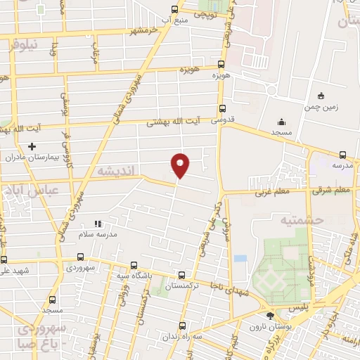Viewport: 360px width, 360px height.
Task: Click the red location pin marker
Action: pyautogui.click(x=181, y=165)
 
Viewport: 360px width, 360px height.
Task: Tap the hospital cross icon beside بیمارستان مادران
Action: pyautogui.click(x=31, y=146)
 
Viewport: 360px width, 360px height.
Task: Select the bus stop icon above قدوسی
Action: pyautogui.click(x=222, y=108)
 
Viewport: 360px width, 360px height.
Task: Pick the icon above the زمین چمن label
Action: pyautogui.click(x=321, y=96)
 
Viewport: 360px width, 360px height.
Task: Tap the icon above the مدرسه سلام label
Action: pyautogui.click(x=98, y=224)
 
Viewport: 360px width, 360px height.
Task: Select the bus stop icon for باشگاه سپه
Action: pyautogui.click(x=134, y=265)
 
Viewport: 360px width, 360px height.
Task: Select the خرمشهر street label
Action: pyautogui.click(x=140, y=30)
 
